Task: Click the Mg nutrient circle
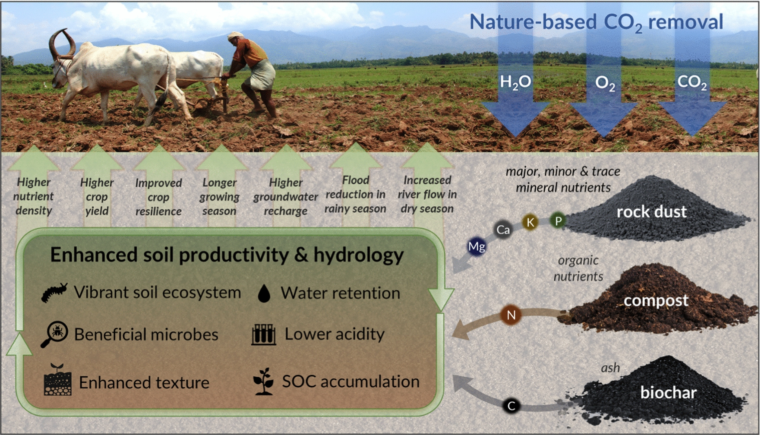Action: [477, 246]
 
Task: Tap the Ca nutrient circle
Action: [503, 230]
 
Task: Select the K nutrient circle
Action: [530, 222]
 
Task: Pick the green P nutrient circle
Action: [558, 221]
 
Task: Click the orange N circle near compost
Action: [511, 315]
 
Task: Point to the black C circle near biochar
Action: [511, 406]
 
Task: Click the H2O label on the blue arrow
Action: [515, 82]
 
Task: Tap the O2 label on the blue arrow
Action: [605, 83]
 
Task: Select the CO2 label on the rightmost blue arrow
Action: [692, 82]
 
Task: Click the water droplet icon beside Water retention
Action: [264, 293]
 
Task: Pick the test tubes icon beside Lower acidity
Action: [263, 335]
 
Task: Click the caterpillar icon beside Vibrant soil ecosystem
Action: [54, 292]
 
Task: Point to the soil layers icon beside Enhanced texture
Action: [57, 380]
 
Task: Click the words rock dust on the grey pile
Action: [652, 212]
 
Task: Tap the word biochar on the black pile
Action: [668, 392]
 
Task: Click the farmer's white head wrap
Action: [235, 36]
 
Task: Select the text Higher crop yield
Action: [97, 197]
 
